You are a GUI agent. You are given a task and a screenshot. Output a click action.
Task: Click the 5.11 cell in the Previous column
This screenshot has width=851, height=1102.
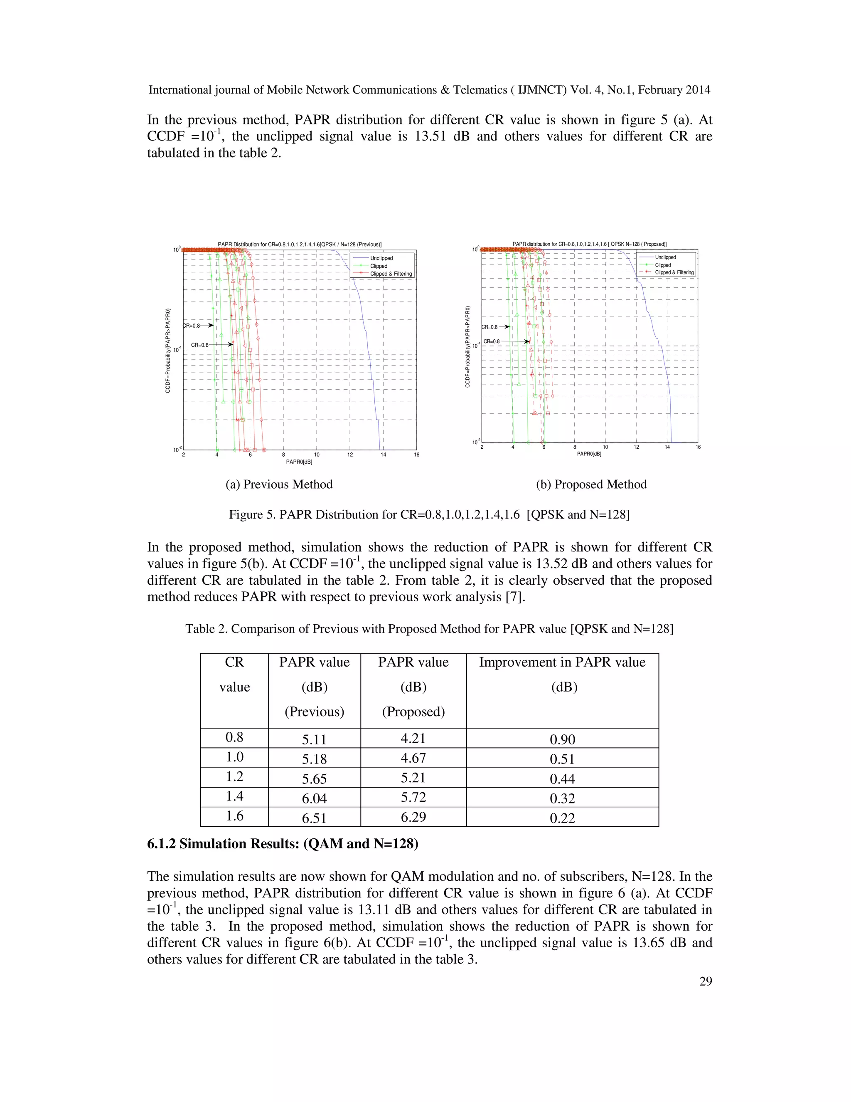pyautogui.click(x=314, y=740)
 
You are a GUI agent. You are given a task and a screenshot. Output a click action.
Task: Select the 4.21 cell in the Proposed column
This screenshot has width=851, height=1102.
pyautogui.click(x=413, y=738)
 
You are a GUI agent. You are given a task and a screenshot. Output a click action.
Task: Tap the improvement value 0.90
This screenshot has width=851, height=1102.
pyautogui.click(x=562, y=740)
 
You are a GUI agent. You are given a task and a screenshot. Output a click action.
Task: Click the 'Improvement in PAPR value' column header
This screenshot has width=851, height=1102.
pyautogui.click(x=562, y=662)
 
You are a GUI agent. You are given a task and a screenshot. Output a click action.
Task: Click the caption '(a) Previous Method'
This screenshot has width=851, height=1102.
pyautogui.click(x=279, y=484)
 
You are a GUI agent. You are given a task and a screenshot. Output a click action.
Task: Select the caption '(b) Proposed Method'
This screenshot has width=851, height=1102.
pyautogui.click(x=591, y=484)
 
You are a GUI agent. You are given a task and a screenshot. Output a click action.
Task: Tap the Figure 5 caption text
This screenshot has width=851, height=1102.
pyautogui.click(x=429, y=515)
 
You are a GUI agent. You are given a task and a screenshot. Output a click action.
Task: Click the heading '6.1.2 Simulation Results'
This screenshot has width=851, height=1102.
pyautogui.click(x=282, y=844)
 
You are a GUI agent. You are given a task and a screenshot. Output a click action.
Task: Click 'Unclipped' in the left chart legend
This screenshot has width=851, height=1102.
pyautogui.click(x=381, y=258)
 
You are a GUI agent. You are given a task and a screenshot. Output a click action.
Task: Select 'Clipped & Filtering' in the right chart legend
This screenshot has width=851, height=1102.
pyautogui.click(x=674, y=272)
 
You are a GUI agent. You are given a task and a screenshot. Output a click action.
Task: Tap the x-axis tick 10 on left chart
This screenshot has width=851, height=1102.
pyautogui.click(x=317, y=455)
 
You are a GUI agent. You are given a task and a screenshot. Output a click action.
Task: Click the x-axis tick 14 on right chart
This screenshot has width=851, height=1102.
pyautogui.click(x=667, y=447)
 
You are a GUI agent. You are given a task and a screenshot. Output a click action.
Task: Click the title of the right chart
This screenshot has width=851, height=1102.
pyautogui.click(x=589, y=244)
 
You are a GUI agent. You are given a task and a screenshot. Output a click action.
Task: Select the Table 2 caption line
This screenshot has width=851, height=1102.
pyautogui.click(x=429, y=629)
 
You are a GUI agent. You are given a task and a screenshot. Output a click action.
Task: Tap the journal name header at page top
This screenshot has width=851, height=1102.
pyautogui.click(x=429, y=90)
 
